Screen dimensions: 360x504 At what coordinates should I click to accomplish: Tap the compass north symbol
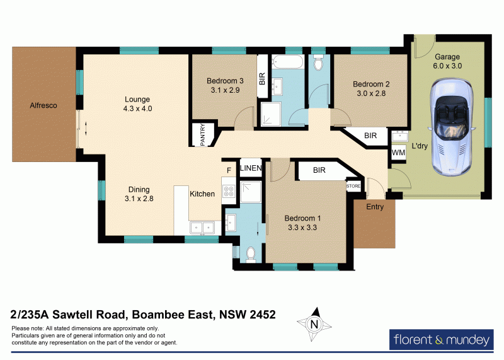tap(313, 323)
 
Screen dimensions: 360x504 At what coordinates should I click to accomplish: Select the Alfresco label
tap(43, 106)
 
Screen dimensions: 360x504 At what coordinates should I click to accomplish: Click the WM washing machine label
tap(398, 153)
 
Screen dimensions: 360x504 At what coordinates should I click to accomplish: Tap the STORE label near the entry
tap(353, 187)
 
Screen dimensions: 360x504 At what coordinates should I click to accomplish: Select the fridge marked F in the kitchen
tap(229, 170)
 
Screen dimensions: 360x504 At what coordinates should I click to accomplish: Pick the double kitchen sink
tap(203, 226)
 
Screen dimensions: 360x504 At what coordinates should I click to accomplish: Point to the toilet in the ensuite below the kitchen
tap(250, 253)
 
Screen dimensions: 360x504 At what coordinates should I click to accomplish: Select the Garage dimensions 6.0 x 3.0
tap(447, 66)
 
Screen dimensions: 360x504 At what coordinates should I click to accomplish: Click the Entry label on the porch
tap(375, 207)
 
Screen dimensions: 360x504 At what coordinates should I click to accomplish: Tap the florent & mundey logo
tap(441, 340)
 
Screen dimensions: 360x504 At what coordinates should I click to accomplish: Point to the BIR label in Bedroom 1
tap(319, 170)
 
